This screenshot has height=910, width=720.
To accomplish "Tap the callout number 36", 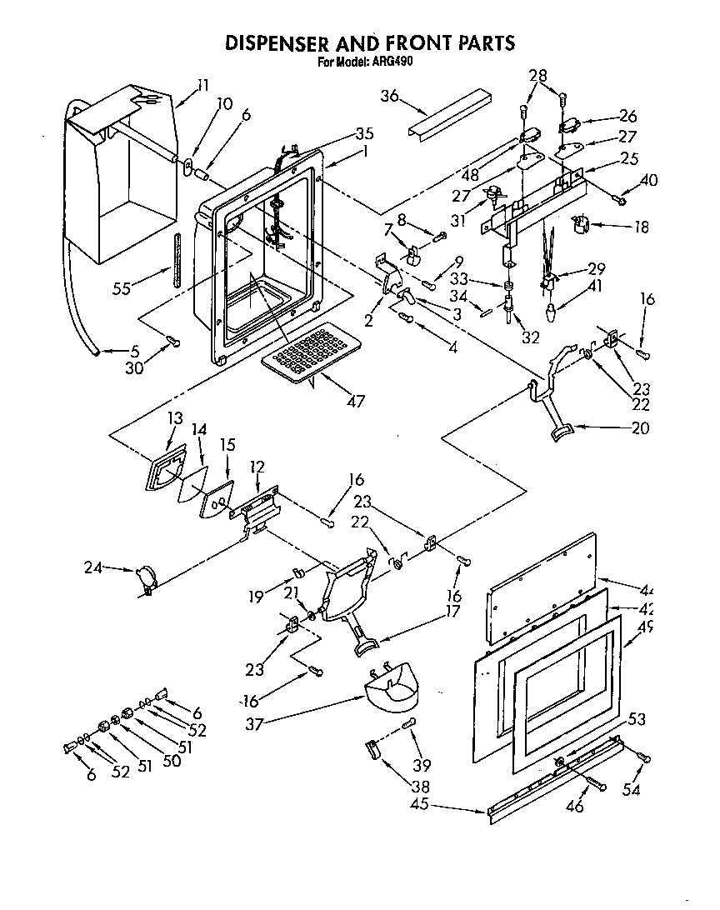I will point(390,97).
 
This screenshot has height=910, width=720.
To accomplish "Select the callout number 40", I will point(649,179).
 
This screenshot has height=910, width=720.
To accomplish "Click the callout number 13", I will point(174,418).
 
